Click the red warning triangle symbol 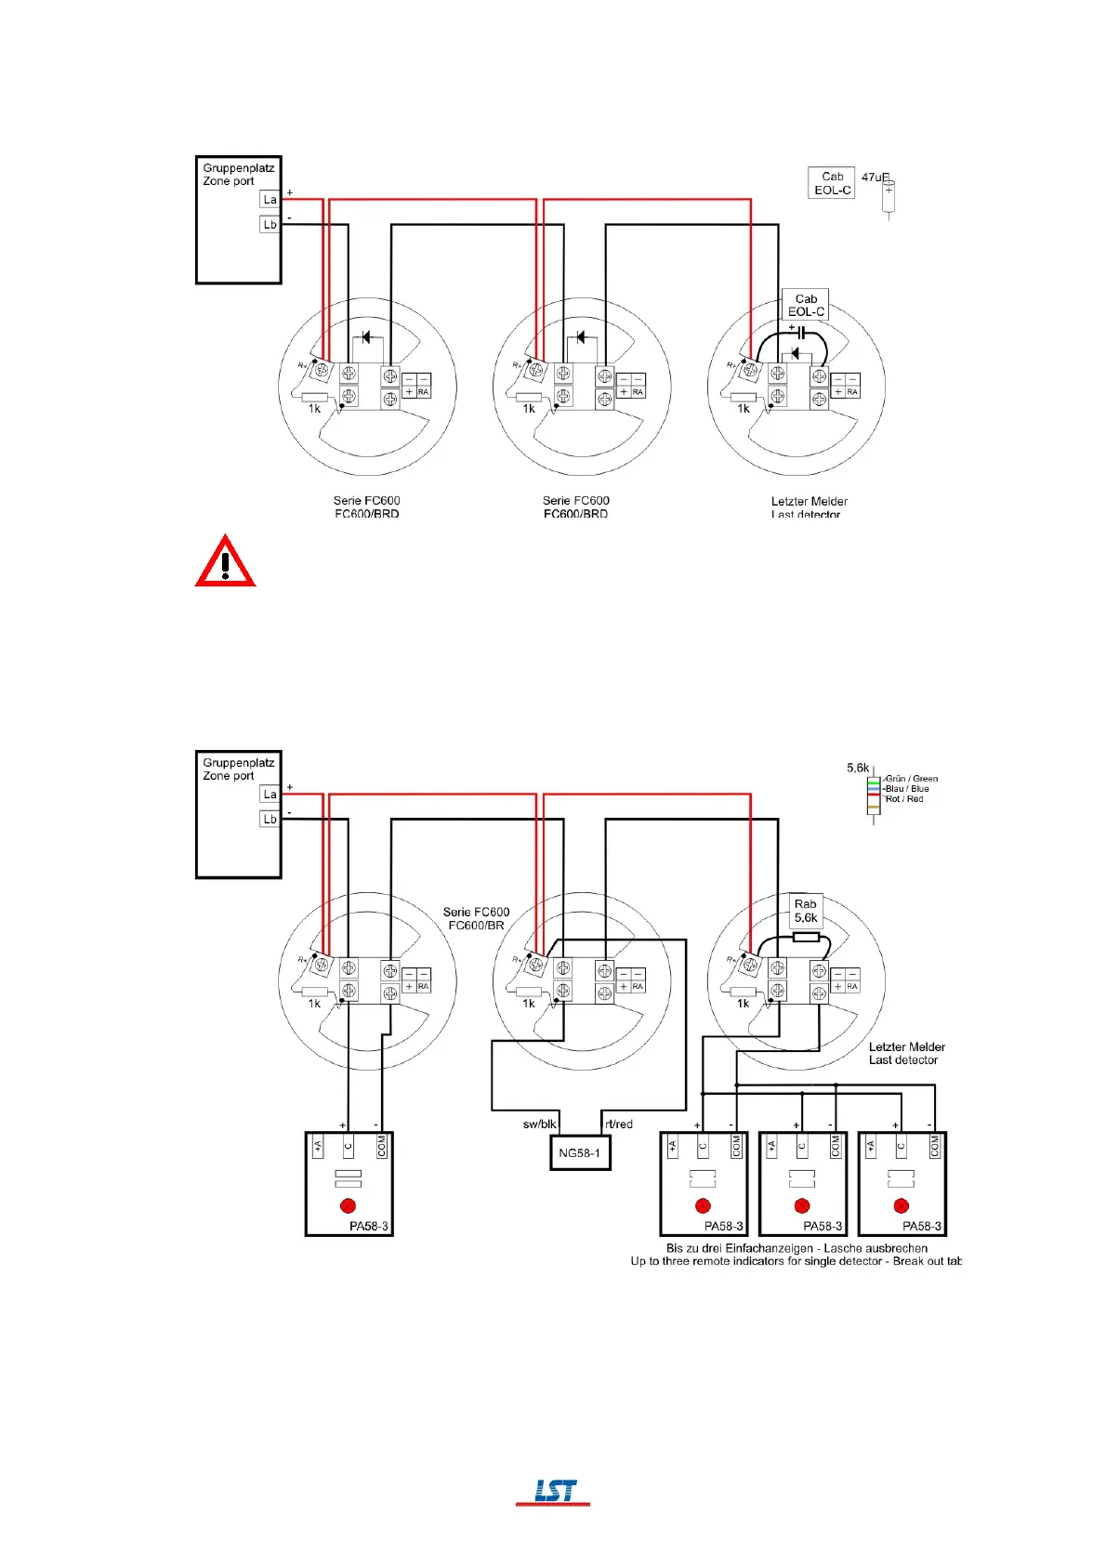click(225, 562)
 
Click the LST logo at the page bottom click(554, 1491)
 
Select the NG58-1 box click(580, 1153)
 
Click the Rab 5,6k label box click(806, 911)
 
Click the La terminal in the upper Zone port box click(270, 200)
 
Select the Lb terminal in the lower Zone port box click(270, 819)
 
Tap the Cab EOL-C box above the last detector click(806, 305)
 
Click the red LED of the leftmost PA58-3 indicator click(349, 1206)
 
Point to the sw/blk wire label click(539, 1124)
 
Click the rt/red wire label click(619, 1124)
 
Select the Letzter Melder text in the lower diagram click(906, 1046)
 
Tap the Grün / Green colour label click(912, 779)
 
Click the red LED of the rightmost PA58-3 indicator click(901, 1206)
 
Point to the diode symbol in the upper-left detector click(366, 337)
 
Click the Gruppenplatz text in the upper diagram click(239, 168)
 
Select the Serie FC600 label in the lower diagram click(476, 912)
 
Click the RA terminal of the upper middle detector click(638, 392)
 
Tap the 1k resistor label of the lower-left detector click(314, 1004)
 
